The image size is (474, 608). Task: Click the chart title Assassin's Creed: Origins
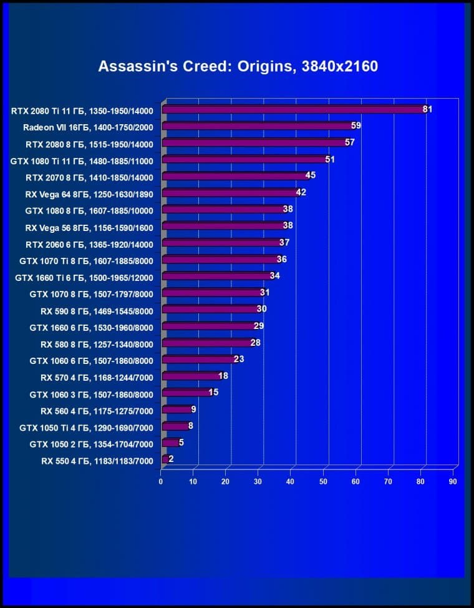coord(238,66)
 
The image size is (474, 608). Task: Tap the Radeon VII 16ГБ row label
coord(87,127)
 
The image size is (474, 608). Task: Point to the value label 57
coord(349,142)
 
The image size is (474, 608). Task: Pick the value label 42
coord(301,192)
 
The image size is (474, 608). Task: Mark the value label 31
coord(264,292)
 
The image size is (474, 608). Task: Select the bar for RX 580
coord(207,343)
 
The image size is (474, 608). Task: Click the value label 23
coord(238,359)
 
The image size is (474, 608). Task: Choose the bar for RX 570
coord(191,376)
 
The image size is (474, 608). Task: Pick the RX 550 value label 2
coord(171,459)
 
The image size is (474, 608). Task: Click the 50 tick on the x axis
coord(323,482)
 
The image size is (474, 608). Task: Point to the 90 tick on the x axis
coord(453,482)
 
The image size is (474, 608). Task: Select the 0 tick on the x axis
coord(161,482)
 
